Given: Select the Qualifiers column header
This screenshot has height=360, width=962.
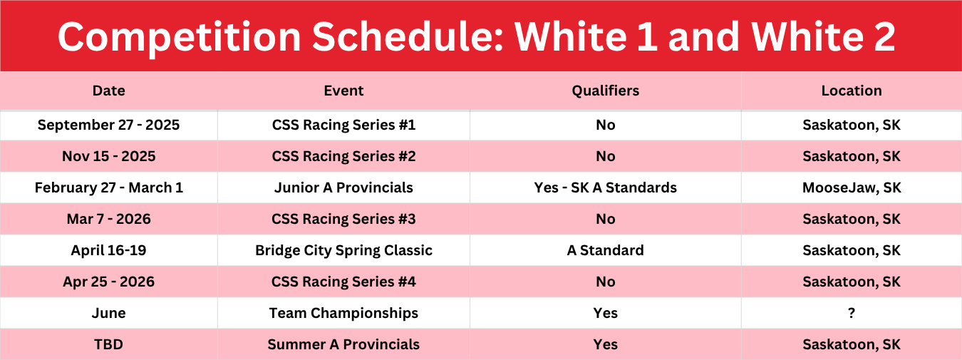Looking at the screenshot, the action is point(606,91).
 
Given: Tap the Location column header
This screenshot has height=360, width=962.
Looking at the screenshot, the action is point(852,91).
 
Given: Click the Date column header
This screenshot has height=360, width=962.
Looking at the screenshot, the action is point(108,91).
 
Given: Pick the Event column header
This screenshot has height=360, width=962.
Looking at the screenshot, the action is point(343,91).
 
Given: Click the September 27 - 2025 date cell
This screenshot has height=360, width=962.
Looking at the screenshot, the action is point(108,125).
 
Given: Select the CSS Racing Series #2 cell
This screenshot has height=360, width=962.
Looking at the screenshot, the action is point(343,156).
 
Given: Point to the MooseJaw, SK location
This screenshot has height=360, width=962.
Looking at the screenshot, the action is point(852,187).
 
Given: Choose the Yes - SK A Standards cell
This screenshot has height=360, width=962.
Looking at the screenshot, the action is point(606,187).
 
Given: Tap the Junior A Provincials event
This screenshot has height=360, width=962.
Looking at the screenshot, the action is point(343,187).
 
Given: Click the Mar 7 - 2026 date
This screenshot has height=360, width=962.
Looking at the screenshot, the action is point(108,219).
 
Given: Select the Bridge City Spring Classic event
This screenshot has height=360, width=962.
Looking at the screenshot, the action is point(343,250).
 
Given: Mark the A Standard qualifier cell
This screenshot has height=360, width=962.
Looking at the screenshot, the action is point(606,250).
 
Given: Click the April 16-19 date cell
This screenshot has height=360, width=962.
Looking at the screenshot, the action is point(108,250).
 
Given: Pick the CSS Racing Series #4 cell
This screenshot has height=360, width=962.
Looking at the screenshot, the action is point(343,282).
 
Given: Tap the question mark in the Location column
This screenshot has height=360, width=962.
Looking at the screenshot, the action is point(852,313).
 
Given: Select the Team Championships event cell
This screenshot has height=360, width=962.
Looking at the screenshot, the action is point(343,313).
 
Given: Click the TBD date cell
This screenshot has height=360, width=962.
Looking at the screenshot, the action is point(108,344).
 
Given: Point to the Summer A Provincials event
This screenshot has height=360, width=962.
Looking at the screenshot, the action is point(343,344).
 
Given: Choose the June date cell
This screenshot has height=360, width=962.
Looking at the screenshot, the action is point(108,313).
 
